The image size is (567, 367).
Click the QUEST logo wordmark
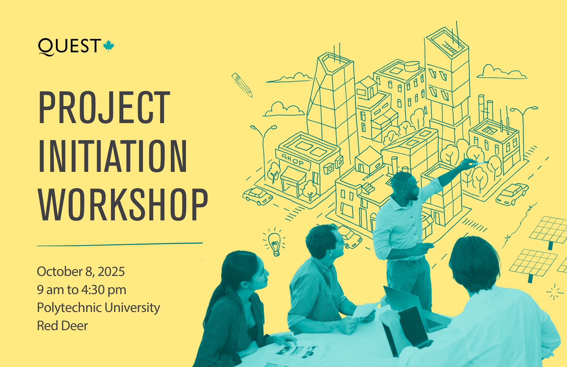(70, 47)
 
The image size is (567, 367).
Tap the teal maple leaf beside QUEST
(109, 46)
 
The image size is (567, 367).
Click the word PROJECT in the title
(104, 107)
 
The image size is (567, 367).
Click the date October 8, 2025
(81, 272)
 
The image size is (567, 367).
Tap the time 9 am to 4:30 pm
(82, 290)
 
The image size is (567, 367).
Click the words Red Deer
(62, 326)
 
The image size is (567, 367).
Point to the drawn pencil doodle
(242, 85)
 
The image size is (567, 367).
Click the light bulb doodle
(274, 242)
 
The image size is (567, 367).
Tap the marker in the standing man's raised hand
(480, 163)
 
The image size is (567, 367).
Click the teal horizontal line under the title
(120, 244)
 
